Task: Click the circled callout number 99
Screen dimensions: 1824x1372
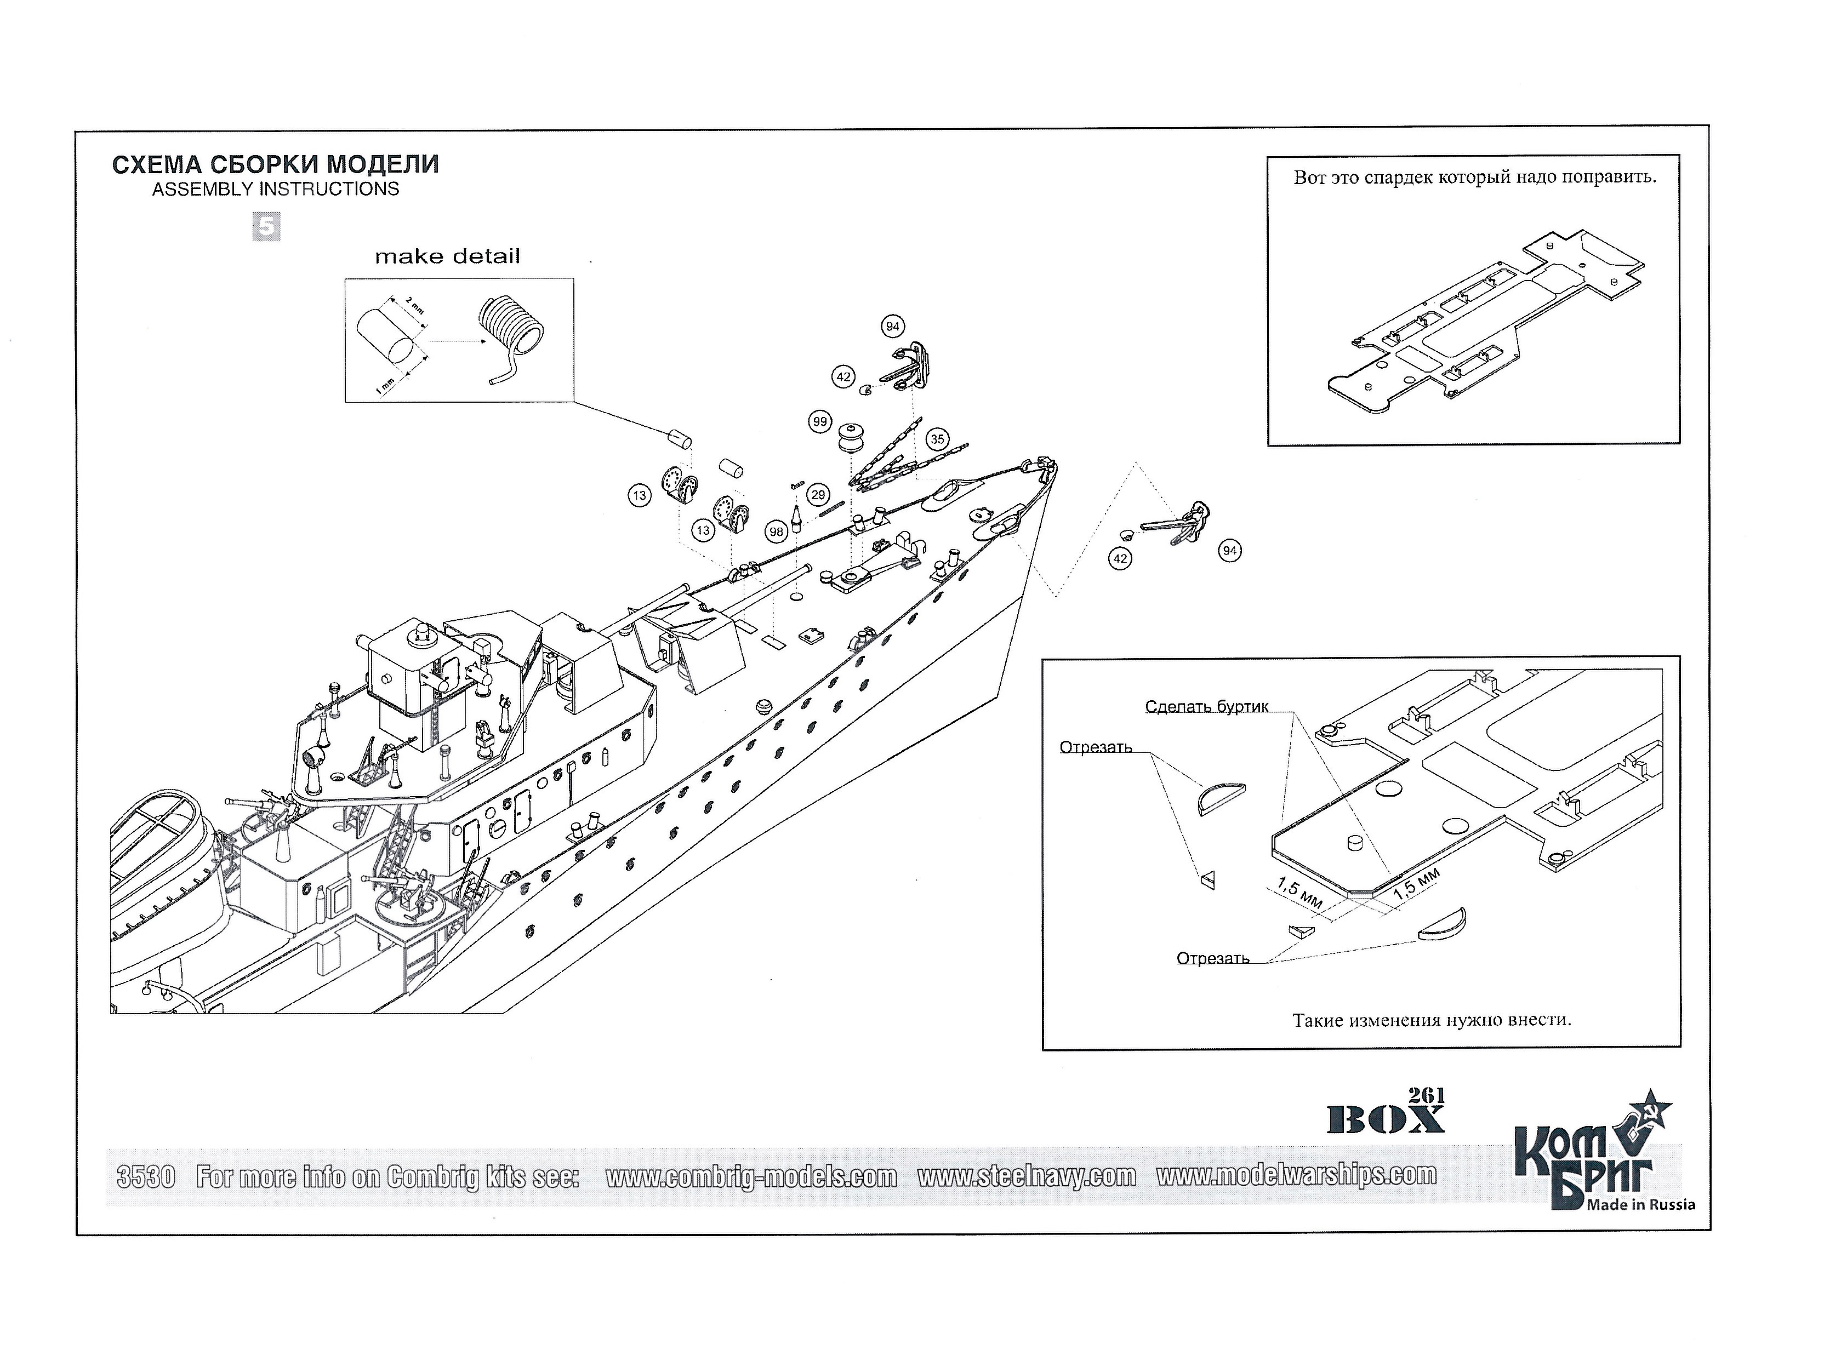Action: point(819,422)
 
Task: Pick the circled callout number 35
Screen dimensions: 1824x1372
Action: point(937,439)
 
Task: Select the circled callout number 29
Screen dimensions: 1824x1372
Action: point(818,495)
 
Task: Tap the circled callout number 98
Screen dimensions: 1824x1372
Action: point(776,532)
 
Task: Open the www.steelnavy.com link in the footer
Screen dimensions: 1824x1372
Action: point(1026,1176)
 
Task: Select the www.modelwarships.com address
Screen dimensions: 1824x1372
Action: point(1296,1174)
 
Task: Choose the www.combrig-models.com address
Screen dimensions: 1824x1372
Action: point(751,1176)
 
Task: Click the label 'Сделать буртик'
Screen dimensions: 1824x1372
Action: point(1206,707)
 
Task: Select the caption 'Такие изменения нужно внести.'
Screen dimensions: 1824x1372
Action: point(1432,1020)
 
